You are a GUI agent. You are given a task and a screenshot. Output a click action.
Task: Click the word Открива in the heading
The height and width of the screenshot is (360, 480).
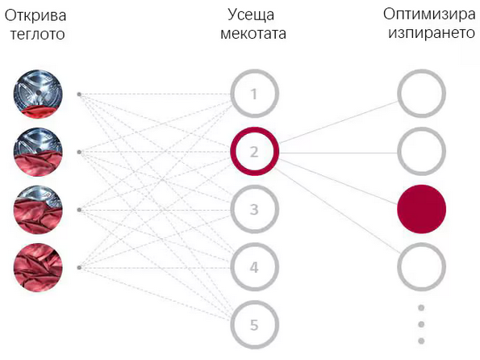point(35,15)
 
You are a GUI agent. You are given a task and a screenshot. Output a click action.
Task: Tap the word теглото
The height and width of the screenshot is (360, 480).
point(38,34)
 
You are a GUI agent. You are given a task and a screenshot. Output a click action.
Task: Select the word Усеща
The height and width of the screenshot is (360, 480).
point(251,15)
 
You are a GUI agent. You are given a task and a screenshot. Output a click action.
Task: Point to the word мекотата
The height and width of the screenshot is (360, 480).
point(253,33)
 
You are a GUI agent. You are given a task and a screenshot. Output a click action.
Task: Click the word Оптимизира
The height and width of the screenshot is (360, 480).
point(429,15)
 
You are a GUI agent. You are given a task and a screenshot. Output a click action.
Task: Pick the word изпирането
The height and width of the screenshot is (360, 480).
point(432,33)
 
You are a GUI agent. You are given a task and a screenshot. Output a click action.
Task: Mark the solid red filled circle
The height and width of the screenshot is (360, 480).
point(422,209)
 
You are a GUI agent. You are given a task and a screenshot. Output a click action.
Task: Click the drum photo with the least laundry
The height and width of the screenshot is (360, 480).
point(38,94)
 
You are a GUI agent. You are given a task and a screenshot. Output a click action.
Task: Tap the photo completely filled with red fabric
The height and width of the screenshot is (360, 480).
point(38,267)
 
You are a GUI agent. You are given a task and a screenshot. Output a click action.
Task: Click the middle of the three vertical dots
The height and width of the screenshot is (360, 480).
point(421,324)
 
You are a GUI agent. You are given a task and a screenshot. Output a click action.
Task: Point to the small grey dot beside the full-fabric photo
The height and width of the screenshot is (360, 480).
point(79,267)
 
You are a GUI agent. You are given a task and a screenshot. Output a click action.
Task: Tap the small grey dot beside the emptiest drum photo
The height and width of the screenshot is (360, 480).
point(79,94)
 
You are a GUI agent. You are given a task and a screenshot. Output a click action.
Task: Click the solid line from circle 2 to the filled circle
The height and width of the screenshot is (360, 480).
point(339,182)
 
